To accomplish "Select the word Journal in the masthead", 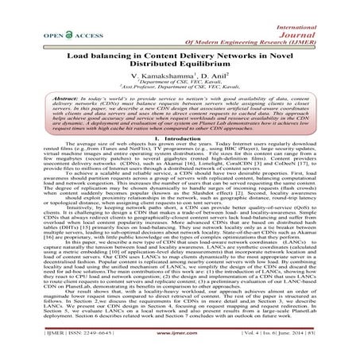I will [x=331, y=22].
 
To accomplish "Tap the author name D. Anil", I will [x=209, y=83].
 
